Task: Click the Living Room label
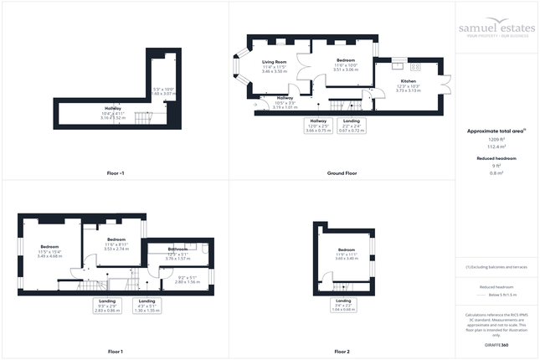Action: pyautogui.click(x=275, y=62)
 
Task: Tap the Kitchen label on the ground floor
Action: pyautogui.click(x=408, y=81)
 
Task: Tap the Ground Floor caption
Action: pyautogui.click(x=342, y=172)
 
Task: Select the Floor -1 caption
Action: pyautogui.click(x=116, y=172)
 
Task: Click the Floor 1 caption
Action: pyautogui.click(x=116, y=351)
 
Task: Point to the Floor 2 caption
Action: pyautogui.click(x=342, y=351)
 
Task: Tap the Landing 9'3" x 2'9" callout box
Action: pyautogui.click(x=109, y=306)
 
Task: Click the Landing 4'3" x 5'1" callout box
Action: pyautogui.click(x=147, y=306)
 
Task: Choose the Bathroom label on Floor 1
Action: pyautogui.click(x=178, y=249)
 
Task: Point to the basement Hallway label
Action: pyautogui.click(x=112, y=109)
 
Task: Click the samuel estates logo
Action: pyautogui.click(x=497, y=28)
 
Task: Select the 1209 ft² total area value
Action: pyautogui.click(x=497, y=139)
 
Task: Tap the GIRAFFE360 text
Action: pyautogui.click(x=497, y=345)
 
